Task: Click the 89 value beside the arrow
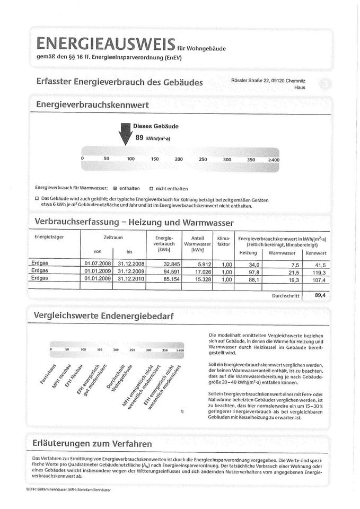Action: click(140, 137)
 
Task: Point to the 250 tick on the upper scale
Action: click(203, 159)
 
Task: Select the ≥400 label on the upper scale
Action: click(274, 159)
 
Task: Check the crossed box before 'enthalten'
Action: click(115, 188)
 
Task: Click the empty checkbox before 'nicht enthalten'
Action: click(151, 188)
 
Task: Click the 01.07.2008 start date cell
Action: click(96, 263)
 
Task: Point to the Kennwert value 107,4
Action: click(318, 279)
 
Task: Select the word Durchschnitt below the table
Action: click(285, 295)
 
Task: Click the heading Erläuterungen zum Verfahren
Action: click(92, 443)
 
